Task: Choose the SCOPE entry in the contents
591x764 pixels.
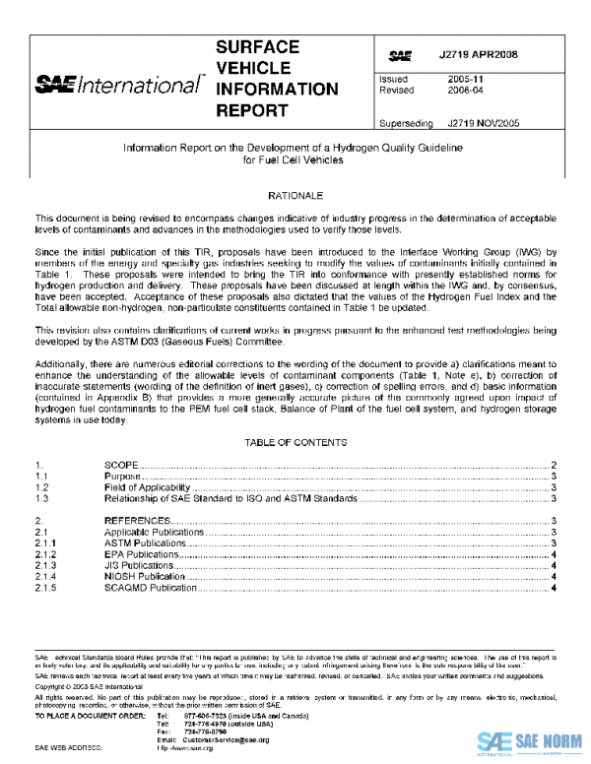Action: pos(121,464)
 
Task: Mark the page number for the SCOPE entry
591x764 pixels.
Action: pos(555,464)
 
